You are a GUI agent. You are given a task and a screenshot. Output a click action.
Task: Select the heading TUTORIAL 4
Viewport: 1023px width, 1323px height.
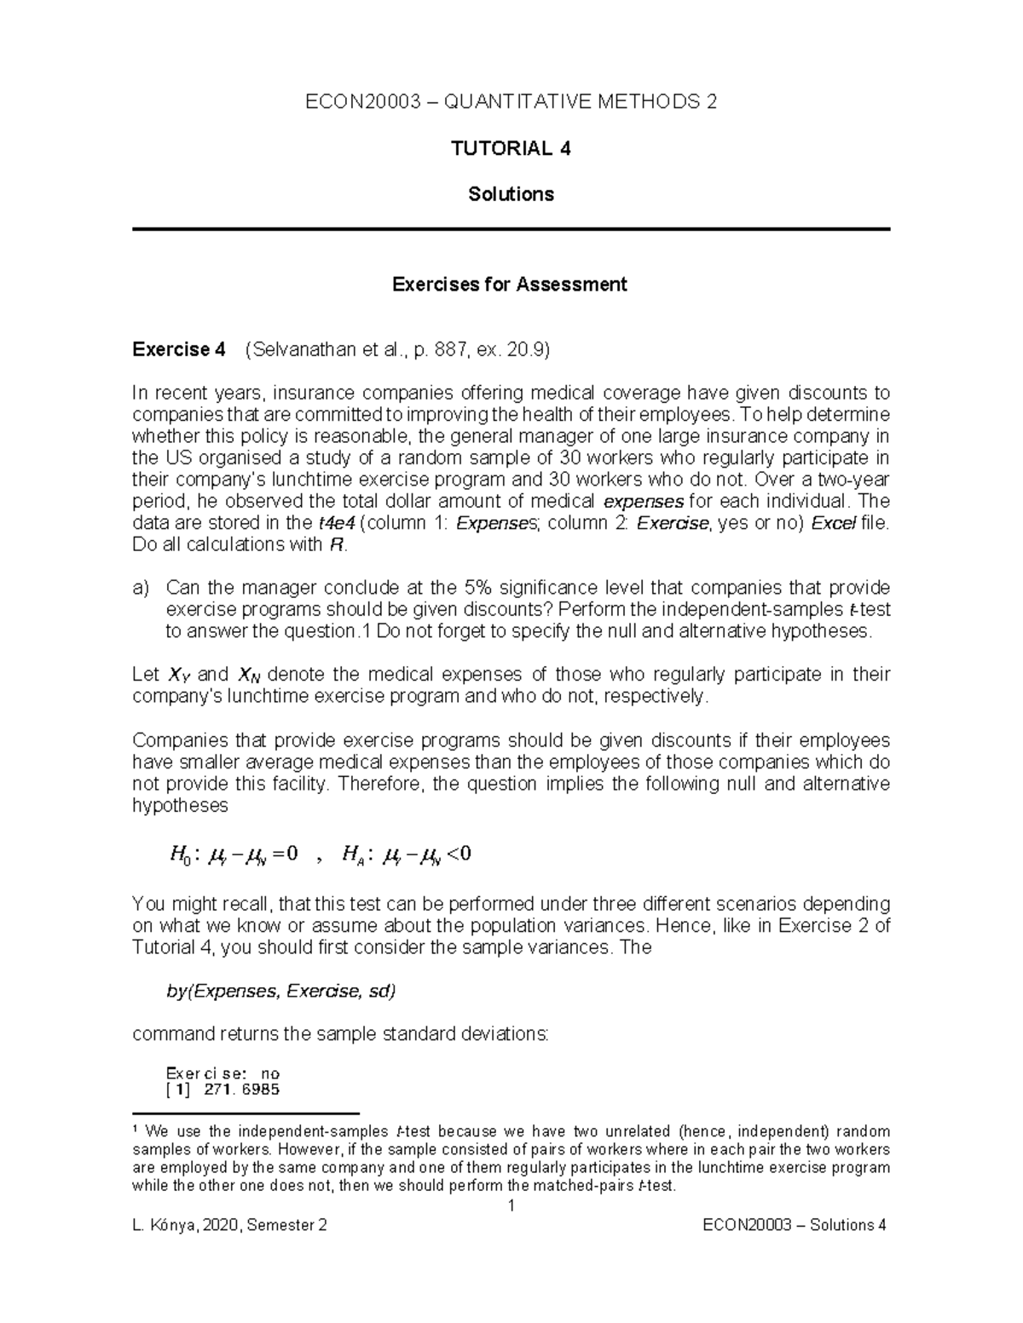[x=511, y=149]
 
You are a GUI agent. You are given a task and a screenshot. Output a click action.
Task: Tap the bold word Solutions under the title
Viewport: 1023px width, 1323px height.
[x=511, y=194]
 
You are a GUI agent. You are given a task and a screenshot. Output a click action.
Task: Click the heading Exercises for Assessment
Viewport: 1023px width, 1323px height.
[x=509, y=285]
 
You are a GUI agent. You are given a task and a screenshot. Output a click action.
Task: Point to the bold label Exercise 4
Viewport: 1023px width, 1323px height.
[x=179, y=349]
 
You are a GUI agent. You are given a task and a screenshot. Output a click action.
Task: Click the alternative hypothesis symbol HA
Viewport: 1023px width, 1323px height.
[x=352, y=854]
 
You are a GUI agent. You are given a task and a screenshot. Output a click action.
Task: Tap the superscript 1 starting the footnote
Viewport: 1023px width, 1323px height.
[x=136, y=1130]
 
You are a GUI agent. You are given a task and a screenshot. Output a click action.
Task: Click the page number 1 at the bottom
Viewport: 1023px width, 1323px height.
[x=511, y=1205]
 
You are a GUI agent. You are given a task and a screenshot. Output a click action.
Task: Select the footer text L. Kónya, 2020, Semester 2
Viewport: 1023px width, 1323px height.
[x=229, y=1226]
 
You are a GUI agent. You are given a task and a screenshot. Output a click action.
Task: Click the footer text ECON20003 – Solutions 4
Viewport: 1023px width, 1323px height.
[x=794, y=1226]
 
